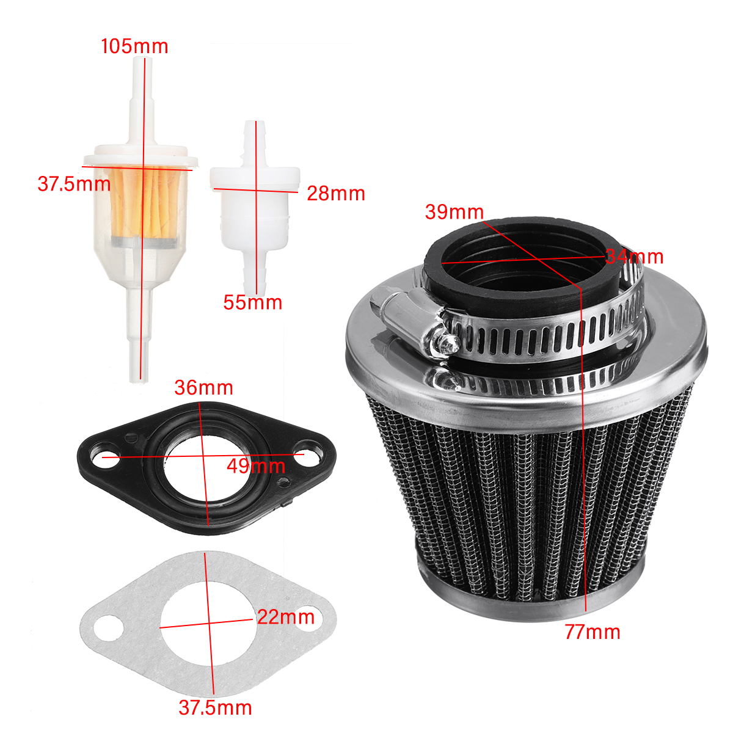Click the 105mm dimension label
[x=134, y=46]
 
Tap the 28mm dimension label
[x=335, y=194]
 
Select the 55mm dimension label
[x=252, y=302]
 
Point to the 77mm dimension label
[x=592, y=632]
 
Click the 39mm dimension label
[x=454, y=212]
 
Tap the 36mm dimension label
[x=203, y=387]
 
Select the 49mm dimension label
[x=255, y=466]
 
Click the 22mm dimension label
[x=285, y=617]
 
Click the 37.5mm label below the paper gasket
[x=215, y=708]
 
